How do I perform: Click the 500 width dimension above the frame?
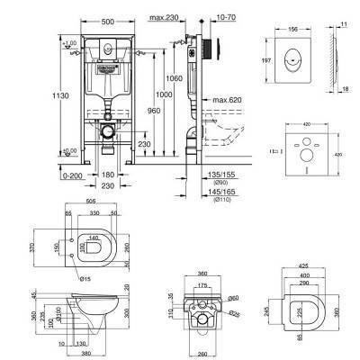tap(107, 18)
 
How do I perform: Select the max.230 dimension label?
tap(164, 18)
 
